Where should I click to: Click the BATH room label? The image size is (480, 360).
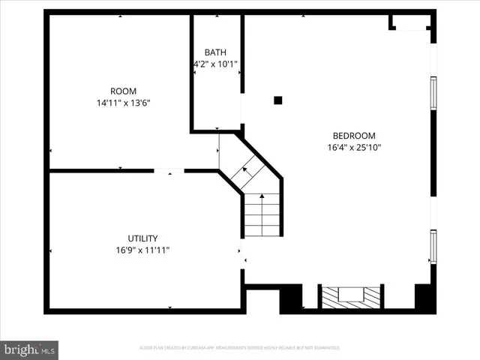click(215, 52)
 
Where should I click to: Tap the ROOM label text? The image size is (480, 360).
click(123, 91)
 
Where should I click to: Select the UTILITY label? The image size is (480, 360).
click(142, 238)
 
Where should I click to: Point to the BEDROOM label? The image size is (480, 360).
click(354, 136)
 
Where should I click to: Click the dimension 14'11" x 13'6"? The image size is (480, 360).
click(123, 103)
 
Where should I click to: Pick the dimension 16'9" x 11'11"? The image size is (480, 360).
click(142, 250)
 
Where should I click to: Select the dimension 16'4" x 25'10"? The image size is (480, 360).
click(354, 148)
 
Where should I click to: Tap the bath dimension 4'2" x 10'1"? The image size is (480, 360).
click(215, 64)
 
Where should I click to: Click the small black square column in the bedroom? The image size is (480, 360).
click(277, 100)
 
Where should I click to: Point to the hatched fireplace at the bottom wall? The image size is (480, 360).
click(350, 297)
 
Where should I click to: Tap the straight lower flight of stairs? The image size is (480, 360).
click(262, 214)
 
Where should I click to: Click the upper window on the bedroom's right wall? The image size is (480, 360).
click(433, 92)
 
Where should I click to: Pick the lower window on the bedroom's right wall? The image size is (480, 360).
click(433, 246)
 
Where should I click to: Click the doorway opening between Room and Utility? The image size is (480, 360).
click(169, 171)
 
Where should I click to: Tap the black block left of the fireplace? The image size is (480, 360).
click(291, 298)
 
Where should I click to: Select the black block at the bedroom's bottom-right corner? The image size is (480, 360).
click(425, 297)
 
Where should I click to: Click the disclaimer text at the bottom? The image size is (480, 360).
click(240, 348)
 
